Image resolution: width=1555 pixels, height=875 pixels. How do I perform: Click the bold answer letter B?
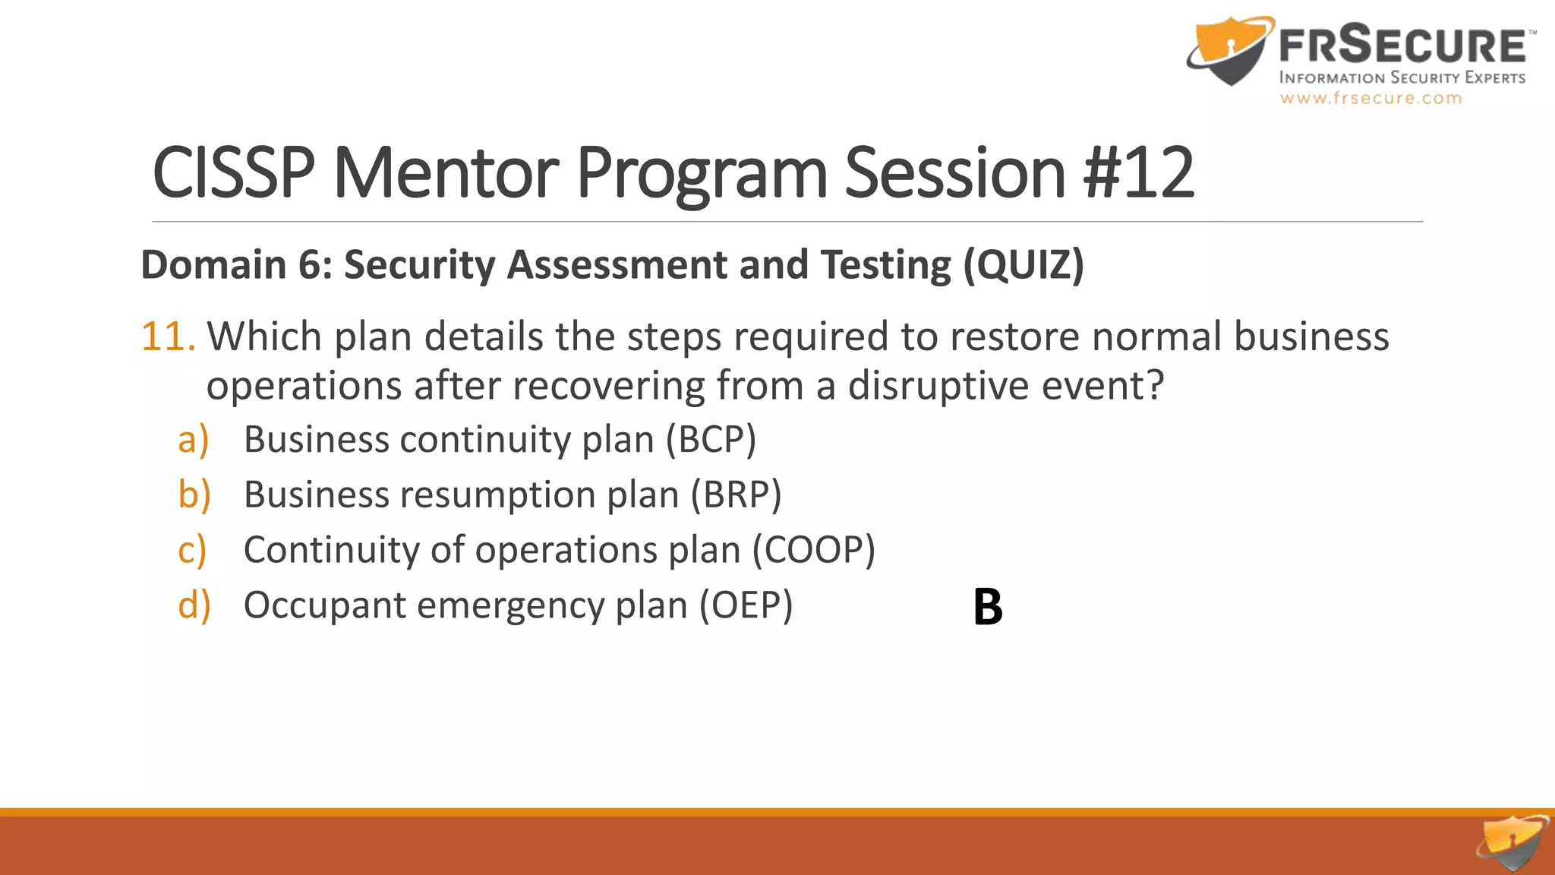[x=988, y=607]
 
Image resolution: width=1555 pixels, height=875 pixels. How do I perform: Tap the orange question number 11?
[x=169, y=336]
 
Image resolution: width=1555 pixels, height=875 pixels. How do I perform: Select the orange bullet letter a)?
[x=193, y=440]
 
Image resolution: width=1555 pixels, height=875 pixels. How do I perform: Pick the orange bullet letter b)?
[x=194, y=494]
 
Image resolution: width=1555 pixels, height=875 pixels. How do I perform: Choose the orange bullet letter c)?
[x=192, y=550]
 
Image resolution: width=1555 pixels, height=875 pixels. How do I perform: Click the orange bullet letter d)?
[x=194, y=605]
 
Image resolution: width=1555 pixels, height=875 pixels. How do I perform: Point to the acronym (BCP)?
[x=711, y=440]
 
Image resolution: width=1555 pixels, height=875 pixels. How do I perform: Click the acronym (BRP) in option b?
[x=735, y=495]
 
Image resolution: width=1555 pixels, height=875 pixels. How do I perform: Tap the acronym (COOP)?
[x=813, y=550]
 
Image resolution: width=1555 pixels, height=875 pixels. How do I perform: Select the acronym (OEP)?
[x=746, y=605]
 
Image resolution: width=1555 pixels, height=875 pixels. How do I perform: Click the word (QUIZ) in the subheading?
[x=1024, y=265]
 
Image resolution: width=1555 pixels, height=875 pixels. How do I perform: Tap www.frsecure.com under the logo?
[x=1370, y=98]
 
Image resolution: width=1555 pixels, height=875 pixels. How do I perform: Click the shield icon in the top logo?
[x=1229, y=49]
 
